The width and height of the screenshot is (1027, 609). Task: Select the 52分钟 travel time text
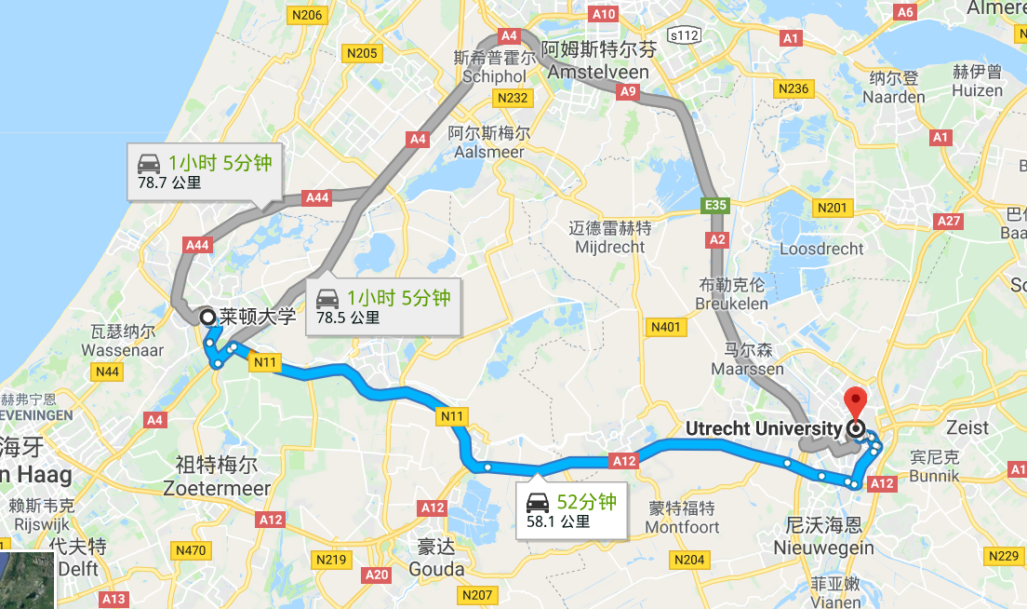coord(586,502)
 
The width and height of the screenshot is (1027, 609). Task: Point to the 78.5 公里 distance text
coord(348,318)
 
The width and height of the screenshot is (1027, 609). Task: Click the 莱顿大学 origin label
coord(258,317)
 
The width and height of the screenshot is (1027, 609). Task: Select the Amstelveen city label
coord(599,73)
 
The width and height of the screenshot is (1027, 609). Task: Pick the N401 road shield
coord(666,327)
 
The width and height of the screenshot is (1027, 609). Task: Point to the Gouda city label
coord(435,569)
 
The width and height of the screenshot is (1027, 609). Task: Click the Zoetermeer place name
coord(216,488)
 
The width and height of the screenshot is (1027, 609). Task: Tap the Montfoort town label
coord(684,527)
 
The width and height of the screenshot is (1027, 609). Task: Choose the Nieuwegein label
coord(823,548)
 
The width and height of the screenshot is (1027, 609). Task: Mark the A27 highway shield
coord(949,221)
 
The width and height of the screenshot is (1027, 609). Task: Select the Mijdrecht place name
coord(609,247)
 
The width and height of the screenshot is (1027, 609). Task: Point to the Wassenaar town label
coord(123,350)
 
